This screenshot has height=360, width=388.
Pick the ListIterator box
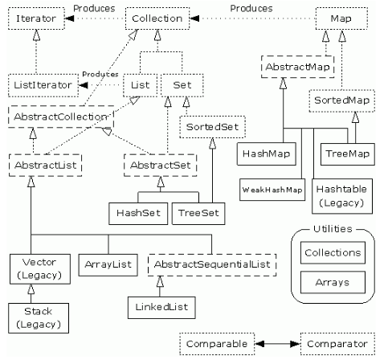(x=43, y=83)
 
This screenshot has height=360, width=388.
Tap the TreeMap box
(x=346, y=151)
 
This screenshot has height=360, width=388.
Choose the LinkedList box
(x=161, y=306)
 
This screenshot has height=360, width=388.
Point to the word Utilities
(x=331, y=231)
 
